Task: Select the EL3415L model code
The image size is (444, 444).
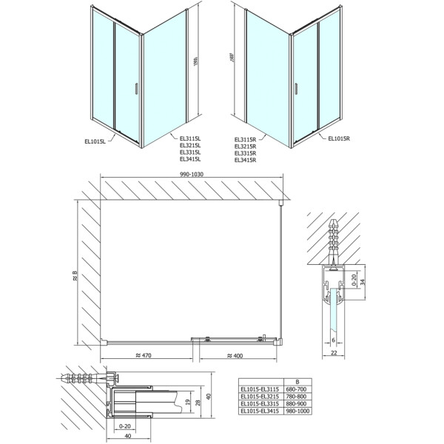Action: (189, 159)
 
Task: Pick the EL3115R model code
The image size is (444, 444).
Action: (245, 139)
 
